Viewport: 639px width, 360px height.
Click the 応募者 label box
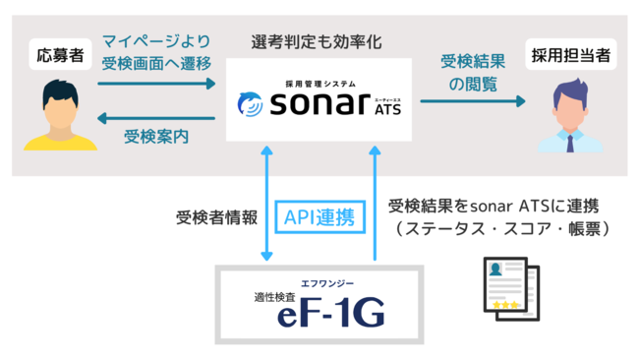pyautogui.click(x=55, y=52)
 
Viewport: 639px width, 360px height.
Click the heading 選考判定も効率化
pyautogui.click(x=317, y=41)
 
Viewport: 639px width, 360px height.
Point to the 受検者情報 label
pyautogui.click(x=217, y=216)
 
